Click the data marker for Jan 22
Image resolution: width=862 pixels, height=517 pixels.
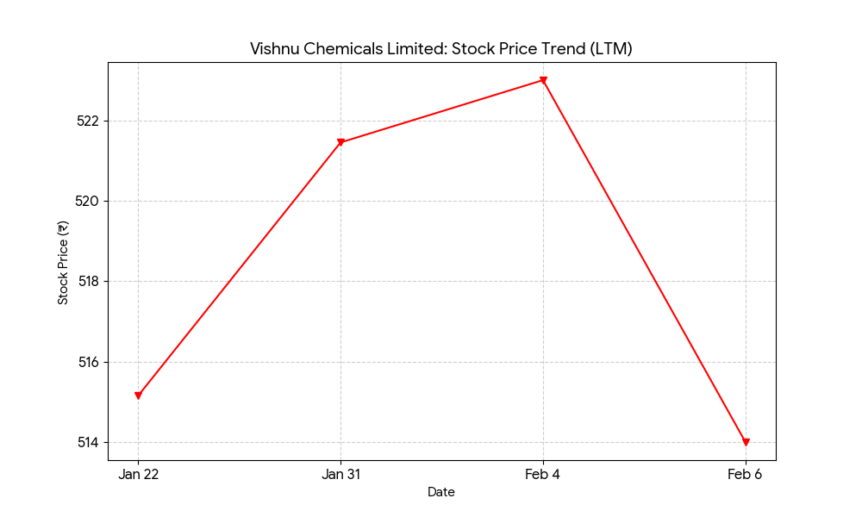(x=138, y=396)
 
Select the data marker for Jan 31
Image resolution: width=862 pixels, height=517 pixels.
(x=340, y=142)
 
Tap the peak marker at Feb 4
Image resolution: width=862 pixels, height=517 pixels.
(x=543, y=81)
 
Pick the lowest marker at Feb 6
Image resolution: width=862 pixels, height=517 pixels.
(x=746, y=442)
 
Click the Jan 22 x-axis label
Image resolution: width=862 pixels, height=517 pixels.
(x=138, y=474)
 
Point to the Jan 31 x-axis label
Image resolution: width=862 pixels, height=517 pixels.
(x=340, y=474)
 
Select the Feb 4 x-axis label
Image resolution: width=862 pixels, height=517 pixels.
(x=543, y=474)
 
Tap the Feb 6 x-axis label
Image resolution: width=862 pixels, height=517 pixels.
(x=746, y=474)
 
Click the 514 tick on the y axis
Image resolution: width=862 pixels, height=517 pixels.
(x=89, y=443)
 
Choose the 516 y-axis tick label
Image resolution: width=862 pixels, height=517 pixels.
(x=89, y=362)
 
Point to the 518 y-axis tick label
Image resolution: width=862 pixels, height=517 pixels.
(x=89, y=282)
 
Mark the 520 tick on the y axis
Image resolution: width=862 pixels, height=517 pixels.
(x=89, y=201)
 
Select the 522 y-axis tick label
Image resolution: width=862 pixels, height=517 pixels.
(x=89, y=121)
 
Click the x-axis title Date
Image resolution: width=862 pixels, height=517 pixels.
(x=441, y=493)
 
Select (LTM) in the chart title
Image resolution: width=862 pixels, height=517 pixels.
(x=610, y=49)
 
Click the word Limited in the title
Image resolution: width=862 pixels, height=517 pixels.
(x=410, y=49)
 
